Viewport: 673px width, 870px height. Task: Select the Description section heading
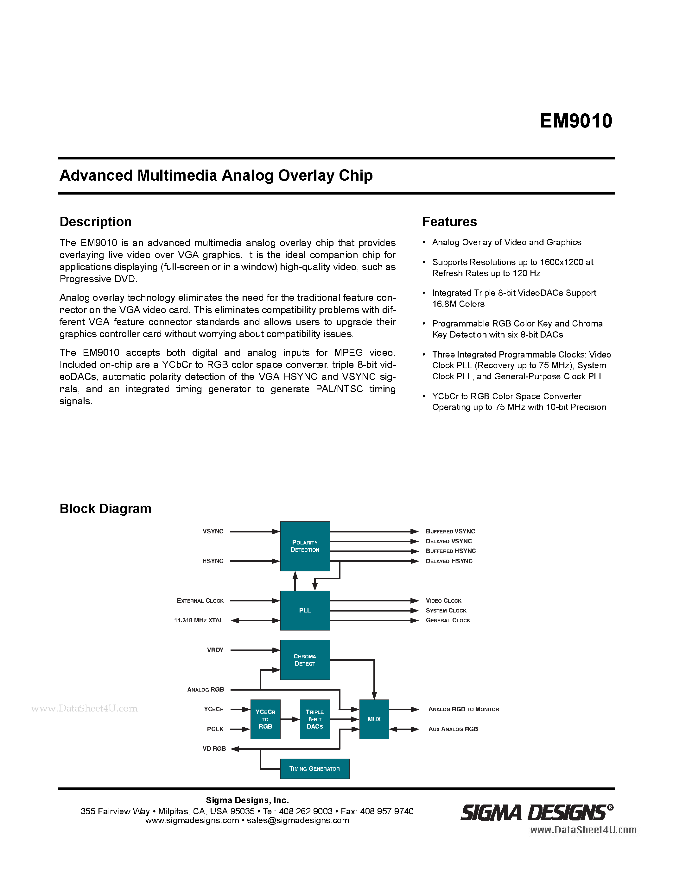[95, 221]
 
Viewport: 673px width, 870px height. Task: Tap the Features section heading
[449, 221]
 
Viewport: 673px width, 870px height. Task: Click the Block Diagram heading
[105, 509]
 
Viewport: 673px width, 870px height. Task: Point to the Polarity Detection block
[305, 546]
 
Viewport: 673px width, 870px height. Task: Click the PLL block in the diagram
[305, 610]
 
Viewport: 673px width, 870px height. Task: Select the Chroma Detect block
[305, 660]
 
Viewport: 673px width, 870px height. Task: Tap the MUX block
[374, 719]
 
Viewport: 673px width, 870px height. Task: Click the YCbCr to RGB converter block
[265, 719]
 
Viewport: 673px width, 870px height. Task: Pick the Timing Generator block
[314, 768]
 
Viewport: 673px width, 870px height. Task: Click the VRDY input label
[215, 650]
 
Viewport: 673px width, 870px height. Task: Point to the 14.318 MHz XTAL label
[199, 620]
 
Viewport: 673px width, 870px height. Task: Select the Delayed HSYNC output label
[449, 561]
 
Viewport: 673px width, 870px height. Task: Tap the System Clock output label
[446, 610]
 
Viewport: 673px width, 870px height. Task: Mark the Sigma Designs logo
[536, 813]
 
